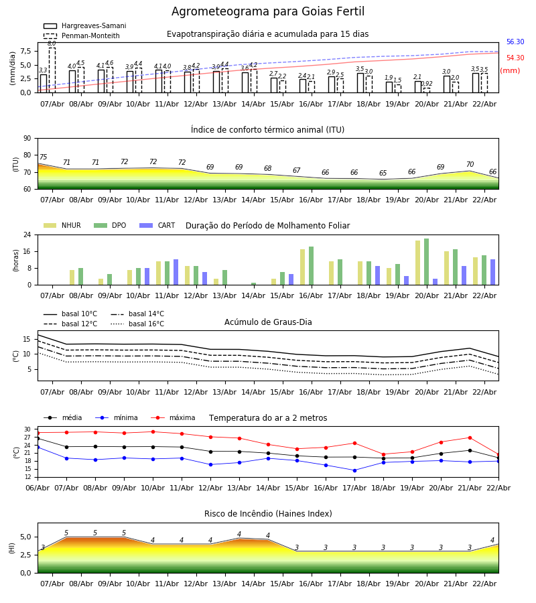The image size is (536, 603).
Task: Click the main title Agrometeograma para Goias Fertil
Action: click(x=268, y=12)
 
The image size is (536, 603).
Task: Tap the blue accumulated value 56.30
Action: click(x=515, y=42)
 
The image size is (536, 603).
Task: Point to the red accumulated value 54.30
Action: click(x=515, y=58)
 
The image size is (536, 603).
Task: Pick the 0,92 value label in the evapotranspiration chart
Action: click(x=427, y=84)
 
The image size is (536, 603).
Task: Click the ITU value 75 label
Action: click(x=43, y=157)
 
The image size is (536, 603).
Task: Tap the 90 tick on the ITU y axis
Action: click(x=27, y=139)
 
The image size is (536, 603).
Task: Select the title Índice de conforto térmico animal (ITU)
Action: click(x=267, y=130)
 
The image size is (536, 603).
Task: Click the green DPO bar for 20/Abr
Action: click(x=427, y=262)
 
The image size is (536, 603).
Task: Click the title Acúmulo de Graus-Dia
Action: click(x=268, y=322)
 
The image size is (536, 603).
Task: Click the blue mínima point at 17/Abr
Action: click(x=354, y=470)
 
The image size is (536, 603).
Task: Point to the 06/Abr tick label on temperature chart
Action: click(x=38, y=487)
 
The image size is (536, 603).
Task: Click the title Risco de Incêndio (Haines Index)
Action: click(x=268, y=514)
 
